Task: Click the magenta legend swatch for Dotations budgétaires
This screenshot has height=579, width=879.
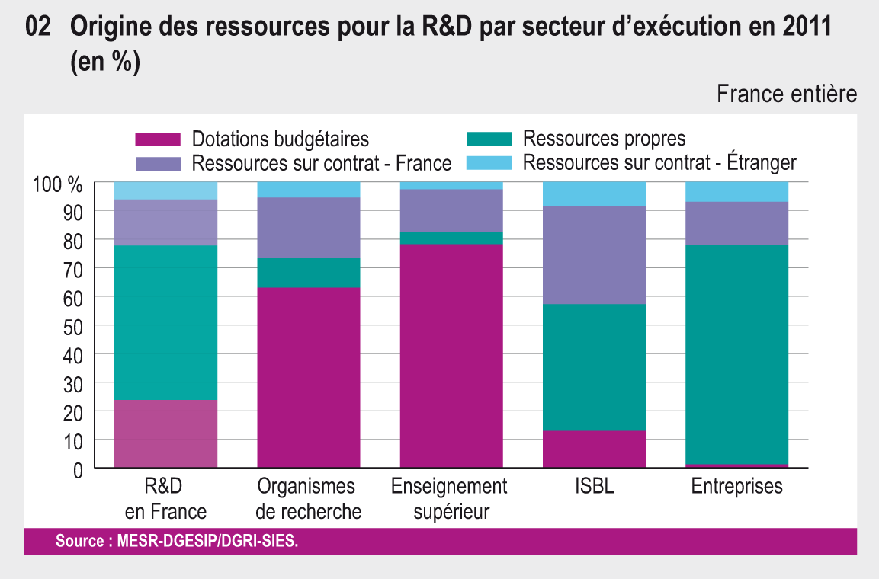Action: [x=158, y=139]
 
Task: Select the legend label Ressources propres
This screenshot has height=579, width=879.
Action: [x=604, y=139]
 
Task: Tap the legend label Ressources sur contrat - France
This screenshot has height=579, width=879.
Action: [x=322, y=163]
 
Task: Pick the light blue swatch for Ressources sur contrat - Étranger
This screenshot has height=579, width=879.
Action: [x=488, y=163]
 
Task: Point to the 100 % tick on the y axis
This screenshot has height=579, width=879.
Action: [x=58, y=184]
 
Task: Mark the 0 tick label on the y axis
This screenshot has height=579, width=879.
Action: [x=78, y=469]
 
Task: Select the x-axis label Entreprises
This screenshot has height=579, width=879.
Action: [x=736, y=487]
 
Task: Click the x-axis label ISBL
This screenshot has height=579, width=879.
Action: [x=594, y=487]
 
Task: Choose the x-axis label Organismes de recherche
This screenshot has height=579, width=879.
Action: [x=308, y=498]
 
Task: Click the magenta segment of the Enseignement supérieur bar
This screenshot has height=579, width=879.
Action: [x=451, y=355]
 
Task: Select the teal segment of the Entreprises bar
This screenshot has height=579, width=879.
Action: [x=737, y=354]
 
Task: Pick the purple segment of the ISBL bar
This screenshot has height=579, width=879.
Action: [x=594, y=255]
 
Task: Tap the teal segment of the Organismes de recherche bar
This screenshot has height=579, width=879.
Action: [x=308, y=273]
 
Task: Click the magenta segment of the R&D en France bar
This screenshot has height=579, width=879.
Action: [x=165, y=433]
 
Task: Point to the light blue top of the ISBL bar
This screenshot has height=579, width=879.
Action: [x=594, y=194]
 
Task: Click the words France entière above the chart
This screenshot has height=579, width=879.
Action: [x=787, y=94]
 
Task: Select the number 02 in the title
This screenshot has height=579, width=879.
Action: [x=38, y=27]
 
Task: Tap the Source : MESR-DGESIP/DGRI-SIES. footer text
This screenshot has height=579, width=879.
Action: [x=178, y=542]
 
